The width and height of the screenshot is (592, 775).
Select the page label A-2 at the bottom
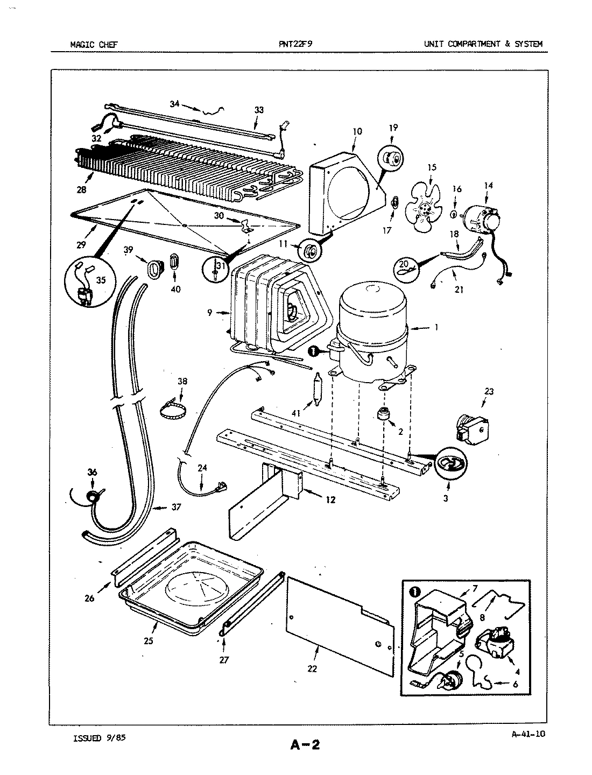(x=305, y=745)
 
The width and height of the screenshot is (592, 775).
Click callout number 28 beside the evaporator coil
(x=83, y=189)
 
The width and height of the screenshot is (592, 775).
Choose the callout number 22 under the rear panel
(x=312, y=668)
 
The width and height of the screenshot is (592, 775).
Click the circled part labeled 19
(x=392, y=159)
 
